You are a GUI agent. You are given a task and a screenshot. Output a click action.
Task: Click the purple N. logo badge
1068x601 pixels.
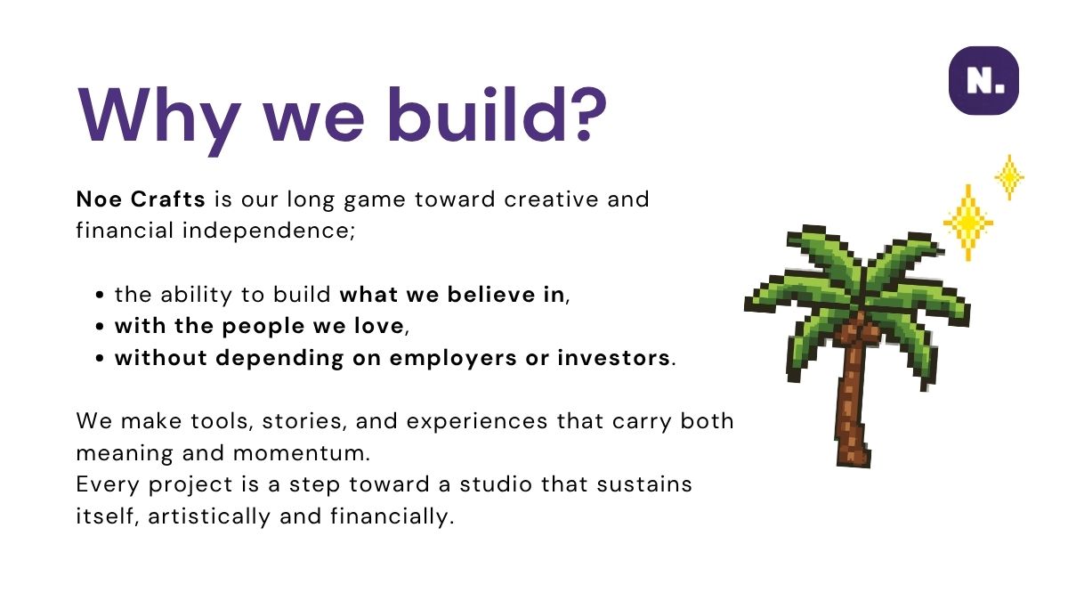click(x=983, y=81)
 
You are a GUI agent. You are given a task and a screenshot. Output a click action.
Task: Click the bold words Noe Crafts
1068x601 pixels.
click(x=141, y=199)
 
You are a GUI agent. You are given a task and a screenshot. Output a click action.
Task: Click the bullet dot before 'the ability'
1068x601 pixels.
click(x=99, y=295)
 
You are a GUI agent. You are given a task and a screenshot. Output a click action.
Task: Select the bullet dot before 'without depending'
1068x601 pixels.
click(x=99, y=358)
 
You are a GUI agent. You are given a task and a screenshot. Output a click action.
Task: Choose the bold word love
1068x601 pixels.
click(x=379, y=326)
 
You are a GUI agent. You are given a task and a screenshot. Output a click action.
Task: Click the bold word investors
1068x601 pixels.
click(x=613, y=358)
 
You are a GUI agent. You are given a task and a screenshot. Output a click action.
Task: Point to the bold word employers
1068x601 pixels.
click(x=453, y=359)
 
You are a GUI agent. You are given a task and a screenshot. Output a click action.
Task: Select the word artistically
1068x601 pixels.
click(x=209, y=516)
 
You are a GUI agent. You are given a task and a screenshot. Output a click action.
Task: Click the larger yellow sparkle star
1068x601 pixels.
click(x=968, y=223)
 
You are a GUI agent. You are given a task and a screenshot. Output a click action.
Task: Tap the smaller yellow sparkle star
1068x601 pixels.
click(x=1009, y=177)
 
